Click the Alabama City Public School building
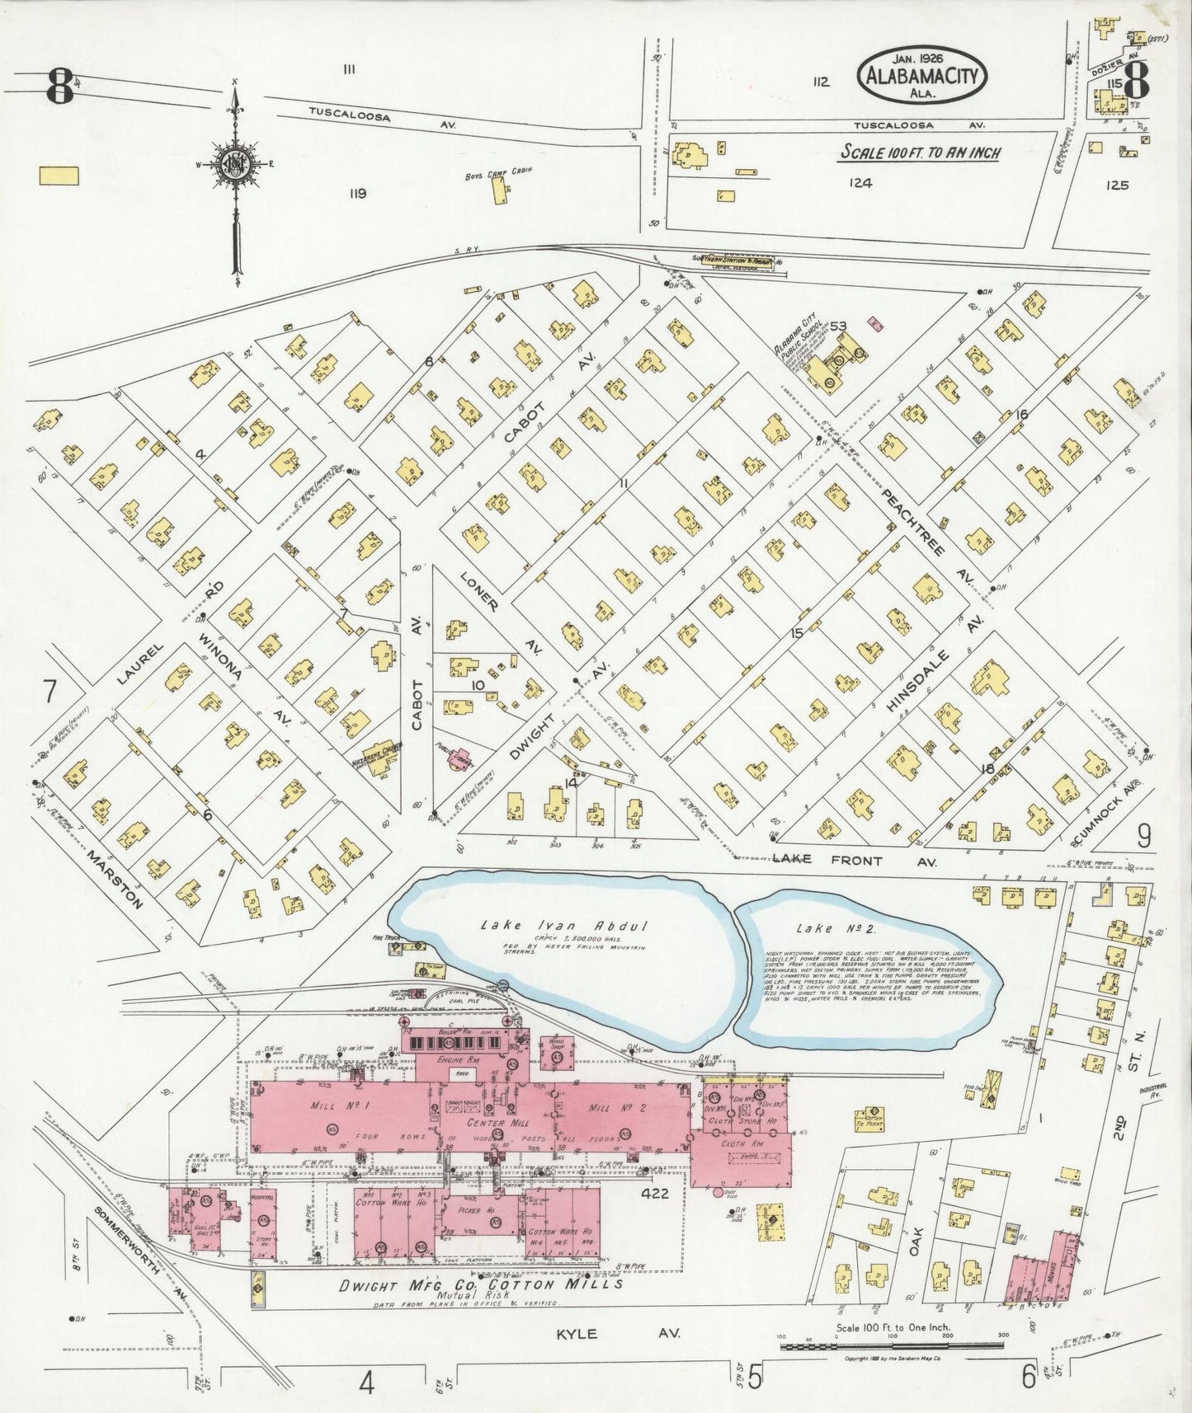(833, 367)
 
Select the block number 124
(860, 184)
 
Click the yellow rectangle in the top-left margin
(58, 175)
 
